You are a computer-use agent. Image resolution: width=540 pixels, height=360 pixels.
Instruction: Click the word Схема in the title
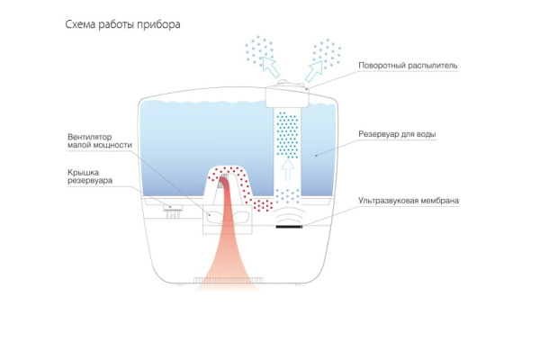[84, 24]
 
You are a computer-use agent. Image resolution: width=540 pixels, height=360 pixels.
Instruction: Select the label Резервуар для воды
[398, 134]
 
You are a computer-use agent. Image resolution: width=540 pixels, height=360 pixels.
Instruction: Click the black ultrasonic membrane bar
[289, 228]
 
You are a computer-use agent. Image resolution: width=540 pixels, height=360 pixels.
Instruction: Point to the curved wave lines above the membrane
[289, 217]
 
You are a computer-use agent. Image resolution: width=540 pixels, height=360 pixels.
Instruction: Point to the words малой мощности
[99, 148]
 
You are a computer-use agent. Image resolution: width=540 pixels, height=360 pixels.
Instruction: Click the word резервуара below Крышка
[90, 180]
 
